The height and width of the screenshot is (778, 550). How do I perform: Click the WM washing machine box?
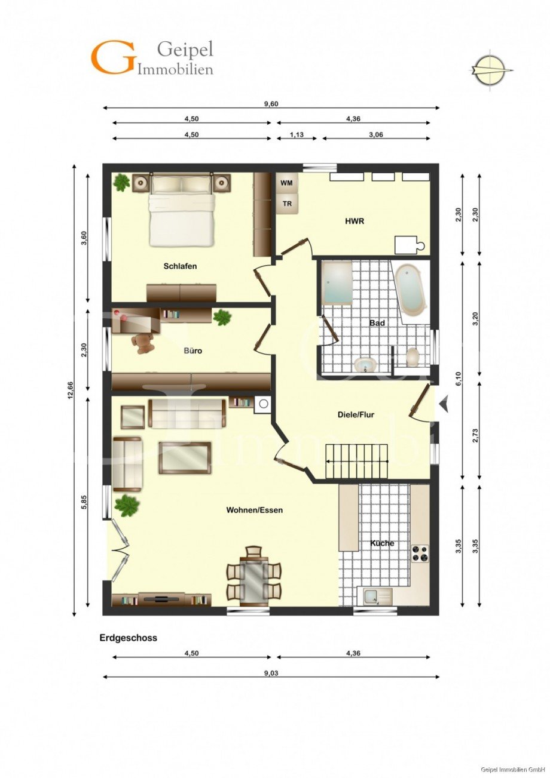287,183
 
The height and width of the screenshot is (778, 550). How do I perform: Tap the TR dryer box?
287,204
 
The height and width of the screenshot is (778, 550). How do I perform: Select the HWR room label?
355,221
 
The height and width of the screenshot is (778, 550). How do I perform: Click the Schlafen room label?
180,266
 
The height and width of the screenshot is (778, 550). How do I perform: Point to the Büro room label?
193,351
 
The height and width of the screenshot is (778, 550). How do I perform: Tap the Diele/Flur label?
356,414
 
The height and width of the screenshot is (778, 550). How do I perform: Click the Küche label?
382,543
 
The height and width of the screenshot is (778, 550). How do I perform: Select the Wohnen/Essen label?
255,511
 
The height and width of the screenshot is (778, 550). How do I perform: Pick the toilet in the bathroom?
412,356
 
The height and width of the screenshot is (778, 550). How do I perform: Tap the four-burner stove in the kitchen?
420,553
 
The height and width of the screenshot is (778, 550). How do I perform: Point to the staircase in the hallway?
356,461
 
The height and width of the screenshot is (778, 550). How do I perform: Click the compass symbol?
491,70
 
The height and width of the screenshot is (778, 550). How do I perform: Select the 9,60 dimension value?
271,103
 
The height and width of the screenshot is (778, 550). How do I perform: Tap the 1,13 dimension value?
297,134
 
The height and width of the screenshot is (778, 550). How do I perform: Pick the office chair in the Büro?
142,343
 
